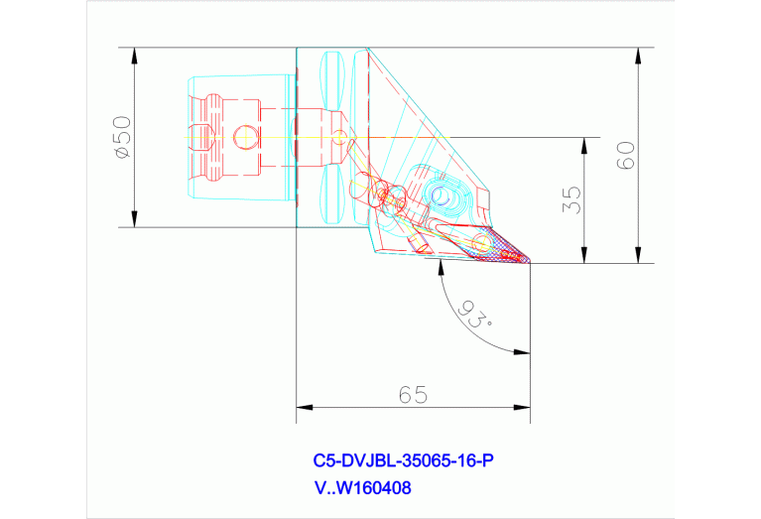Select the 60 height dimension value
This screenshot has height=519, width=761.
(626, 155)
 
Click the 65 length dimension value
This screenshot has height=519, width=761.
(413, 395)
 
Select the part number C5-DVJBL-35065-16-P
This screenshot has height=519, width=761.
(403, 460)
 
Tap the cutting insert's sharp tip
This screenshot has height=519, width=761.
(531, 262)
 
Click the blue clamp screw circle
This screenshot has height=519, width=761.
(440, 194)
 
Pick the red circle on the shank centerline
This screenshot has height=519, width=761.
(244, 137)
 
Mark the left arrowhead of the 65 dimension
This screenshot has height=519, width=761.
(303, 407)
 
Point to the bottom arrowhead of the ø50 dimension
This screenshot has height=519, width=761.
(134, 221)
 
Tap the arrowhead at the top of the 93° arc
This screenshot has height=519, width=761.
(439, 271)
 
